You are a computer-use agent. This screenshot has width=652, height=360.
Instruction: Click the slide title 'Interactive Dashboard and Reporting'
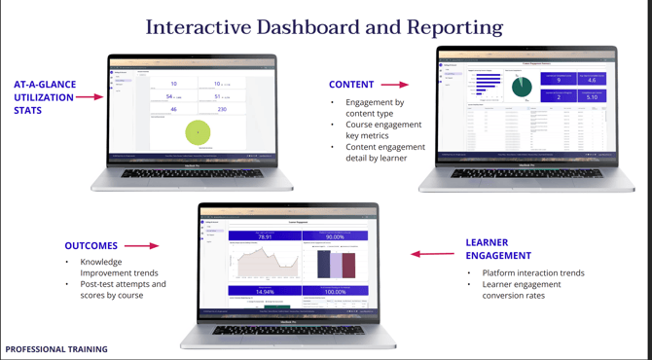click(x=325, y=27)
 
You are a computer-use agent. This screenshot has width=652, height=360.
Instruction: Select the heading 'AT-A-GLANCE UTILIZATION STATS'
click(x=44, y=97)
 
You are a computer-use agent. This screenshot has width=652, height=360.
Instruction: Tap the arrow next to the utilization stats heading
click(x=90, y=97)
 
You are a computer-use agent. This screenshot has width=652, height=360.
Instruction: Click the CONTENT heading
click(x=351, y=85)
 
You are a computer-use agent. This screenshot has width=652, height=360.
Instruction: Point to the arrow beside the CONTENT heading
click(x=395, y=85)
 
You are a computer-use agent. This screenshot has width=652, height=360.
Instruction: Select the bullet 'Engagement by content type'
click(x=375, y=107)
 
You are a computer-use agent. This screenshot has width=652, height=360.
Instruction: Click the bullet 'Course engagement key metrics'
click(x=383, y=130)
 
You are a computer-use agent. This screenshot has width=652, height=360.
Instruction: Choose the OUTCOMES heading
click(x=91, y=246)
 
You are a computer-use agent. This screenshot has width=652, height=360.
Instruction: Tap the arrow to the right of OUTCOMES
click(x=142, y=246)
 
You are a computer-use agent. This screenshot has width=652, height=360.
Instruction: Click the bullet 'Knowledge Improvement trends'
click(x=101, y=268)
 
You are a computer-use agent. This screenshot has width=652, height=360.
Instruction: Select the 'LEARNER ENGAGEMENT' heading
click(x=498, y=249)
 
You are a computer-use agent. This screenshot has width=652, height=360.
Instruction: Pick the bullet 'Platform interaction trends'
click(x=533, y=272)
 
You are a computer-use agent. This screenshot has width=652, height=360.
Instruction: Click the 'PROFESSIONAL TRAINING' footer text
click(x=56, y=348)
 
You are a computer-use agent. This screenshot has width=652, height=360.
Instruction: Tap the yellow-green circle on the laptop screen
click(x=199, y=132)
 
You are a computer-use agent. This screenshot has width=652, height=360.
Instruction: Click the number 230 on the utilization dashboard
click(x=222, y=110)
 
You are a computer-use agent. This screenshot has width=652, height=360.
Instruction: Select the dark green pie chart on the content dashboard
click(x=522, y=89)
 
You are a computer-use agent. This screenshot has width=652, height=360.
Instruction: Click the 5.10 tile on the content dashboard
click(x=592, y=97)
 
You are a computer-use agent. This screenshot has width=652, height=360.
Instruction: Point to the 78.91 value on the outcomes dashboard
click(x=264, y=236)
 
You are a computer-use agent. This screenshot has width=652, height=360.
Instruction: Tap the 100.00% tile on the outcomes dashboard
click(x=335, y=291)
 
